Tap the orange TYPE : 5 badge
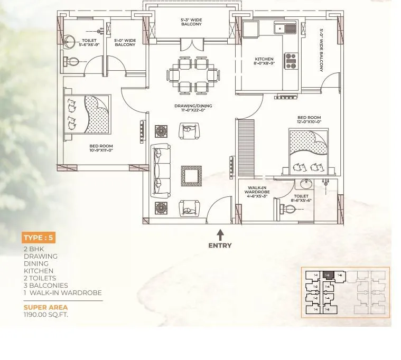(x=38, y=238)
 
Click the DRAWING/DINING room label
(x=190, y=108)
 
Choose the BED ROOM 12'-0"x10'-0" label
(x=309, y=120)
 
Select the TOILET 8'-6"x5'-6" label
(x=302, y=198)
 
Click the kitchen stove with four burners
(x=291, y=61)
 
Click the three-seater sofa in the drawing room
(x=161, y=170)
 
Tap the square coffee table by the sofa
(x=191, y=176)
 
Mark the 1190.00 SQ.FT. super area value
(x=46, y=315)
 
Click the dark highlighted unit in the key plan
(x=328, y=275)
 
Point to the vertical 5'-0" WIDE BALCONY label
(x=321, y=50)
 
